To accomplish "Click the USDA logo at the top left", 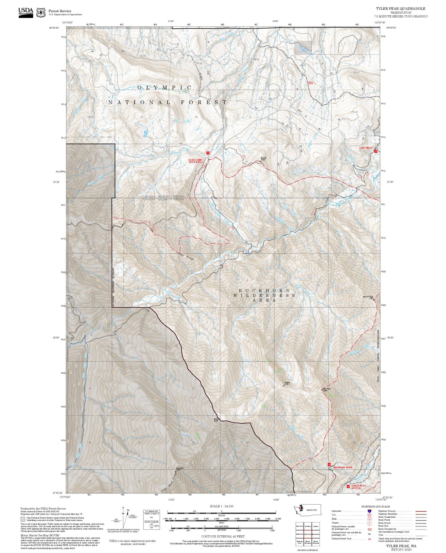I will click(26, 12).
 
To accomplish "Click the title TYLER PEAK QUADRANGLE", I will click(401, 9).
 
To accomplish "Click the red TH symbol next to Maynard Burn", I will click(329, 464).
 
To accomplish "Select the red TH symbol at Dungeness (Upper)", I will click(348, 486).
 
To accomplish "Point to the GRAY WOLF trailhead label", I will click(365, 148).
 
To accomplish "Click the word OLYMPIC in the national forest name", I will click(164, 87).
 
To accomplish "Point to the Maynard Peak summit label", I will click(369, 297).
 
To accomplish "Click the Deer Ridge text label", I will click(186, 256).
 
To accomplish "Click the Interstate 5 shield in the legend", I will click(369, 511).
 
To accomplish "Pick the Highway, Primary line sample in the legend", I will click(421, 511).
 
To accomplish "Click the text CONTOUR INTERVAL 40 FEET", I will click(223, 536).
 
